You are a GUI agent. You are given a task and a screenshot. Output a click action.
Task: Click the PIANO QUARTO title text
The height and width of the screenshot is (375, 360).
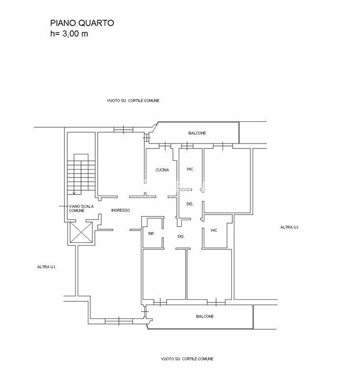tap(82, 23)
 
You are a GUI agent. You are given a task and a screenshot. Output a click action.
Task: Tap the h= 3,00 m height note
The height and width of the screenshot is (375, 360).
tap(69, 33)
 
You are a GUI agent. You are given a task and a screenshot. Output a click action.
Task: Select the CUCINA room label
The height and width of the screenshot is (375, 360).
tap(162, 170)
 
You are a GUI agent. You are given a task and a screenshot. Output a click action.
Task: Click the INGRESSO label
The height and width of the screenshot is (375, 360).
tap(120, 210)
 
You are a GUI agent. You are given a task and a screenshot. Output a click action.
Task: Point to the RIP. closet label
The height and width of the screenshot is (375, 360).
tap(152, 233)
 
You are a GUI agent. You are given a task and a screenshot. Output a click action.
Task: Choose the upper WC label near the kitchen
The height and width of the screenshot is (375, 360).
tap(190, 170)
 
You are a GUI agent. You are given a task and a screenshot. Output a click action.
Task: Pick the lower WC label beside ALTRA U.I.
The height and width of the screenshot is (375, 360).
tap(214, 231)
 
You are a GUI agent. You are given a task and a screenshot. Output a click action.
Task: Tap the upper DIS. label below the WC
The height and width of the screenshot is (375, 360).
tap(190, 204)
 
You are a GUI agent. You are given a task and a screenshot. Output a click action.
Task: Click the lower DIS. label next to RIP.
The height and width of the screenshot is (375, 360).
tap(181, 236)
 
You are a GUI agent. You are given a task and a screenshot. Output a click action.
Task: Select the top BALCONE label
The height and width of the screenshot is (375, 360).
tap(197, 133)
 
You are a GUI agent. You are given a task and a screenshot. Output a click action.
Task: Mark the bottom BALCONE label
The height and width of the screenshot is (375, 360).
tap(205, 317)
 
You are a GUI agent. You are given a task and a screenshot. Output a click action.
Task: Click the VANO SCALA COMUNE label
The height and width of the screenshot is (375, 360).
tap(81, 208)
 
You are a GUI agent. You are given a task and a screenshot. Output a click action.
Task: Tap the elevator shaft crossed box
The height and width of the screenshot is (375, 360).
tap(81, 232)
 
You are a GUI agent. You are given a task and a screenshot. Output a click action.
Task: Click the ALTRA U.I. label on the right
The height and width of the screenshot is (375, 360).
tap(290, 227)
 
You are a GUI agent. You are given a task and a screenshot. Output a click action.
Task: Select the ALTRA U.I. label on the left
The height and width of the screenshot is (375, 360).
tap(47, 267)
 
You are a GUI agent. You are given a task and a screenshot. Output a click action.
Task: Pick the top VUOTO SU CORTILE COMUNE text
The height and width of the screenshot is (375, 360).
tap(133, 101)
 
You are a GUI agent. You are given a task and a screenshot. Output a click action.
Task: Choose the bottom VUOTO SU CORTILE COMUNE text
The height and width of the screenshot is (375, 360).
tap(187, 359)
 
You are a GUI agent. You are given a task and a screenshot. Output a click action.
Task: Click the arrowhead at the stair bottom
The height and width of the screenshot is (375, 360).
tap(74, 193)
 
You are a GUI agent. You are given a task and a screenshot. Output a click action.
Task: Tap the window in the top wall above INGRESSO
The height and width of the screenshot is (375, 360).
tap(123, 130)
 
